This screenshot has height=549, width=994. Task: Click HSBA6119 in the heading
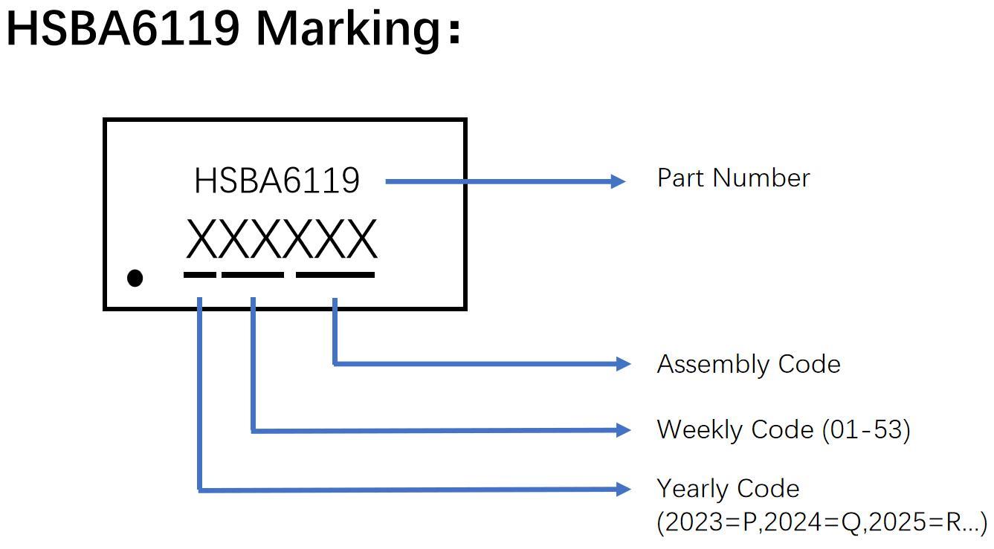coord(123,28)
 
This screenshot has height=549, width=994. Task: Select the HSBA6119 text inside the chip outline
coord(277,181)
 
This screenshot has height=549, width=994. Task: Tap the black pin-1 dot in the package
coord(135,278)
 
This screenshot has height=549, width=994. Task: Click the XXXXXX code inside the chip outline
coord(281,239)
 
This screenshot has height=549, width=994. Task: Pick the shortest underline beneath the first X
coord(199,275)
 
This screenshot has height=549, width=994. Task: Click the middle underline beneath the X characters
coord(253,275)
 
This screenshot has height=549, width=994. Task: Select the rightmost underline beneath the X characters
coord(335,275)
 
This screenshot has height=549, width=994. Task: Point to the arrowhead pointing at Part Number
coord(619,181)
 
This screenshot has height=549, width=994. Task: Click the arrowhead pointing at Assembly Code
coord(623,364)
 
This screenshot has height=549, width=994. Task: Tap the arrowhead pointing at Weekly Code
coord(623,429)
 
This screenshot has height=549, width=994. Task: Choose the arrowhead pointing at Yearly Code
coord(623,489)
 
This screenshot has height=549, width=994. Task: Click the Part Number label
coord(733,178)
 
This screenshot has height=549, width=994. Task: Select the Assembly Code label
coord(748,364)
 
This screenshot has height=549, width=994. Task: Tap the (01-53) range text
coord(866,429)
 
